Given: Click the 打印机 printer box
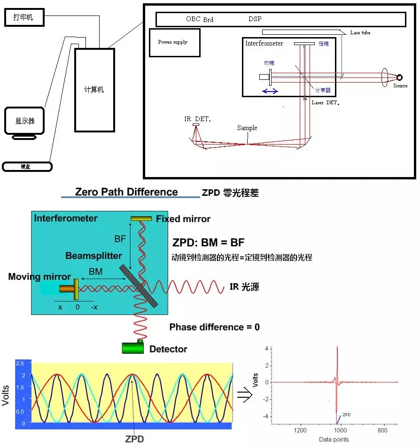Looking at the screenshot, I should coord(25,18).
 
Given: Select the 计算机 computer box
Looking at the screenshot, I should coord(94,90).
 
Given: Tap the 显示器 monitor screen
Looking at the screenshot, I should coord(25,121).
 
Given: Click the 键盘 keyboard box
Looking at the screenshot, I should coord(27,167).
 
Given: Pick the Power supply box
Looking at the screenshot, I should coord(174,43).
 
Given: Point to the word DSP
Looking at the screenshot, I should coord(255,19).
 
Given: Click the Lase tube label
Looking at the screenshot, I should coord(360,33).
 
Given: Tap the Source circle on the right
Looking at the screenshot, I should coord(400,78).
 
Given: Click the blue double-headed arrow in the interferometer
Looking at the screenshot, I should coord(270,91).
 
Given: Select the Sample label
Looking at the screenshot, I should coord(247,128).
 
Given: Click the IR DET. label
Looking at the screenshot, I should coord(197,119).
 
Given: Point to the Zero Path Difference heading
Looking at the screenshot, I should coord(126,192).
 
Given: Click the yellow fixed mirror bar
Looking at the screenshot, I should coord(141,219).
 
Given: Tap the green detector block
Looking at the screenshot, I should coord(133,348).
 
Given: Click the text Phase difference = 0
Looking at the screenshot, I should coord(214,327).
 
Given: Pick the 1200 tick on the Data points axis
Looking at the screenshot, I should coord(300,430).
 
